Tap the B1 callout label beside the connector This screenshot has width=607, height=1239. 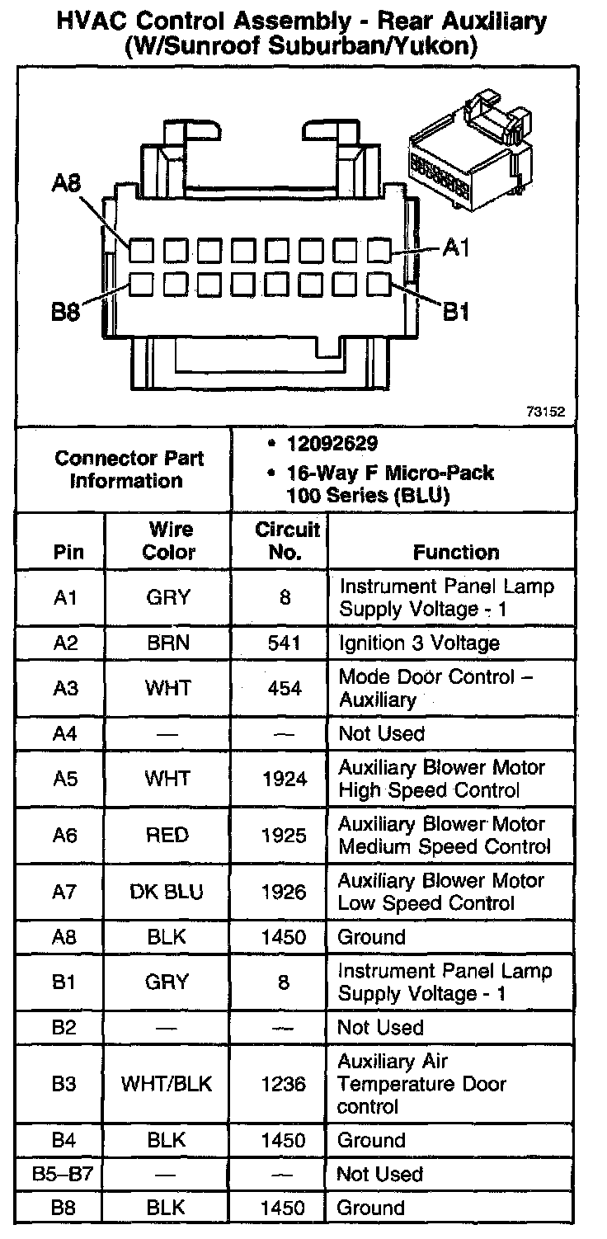(x=458, y=312)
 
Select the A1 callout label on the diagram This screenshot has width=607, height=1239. (x=456, y=247)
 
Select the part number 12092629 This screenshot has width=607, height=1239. (x=332, y=444)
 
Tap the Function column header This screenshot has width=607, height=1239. (x=456, y=552)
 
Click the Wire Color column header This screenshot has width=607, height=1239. (x=169, y=540)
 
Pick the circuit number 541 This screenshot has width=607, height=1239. (x=285, y=643)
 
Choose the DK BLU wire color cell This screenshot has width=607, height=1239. (x=167, y=892)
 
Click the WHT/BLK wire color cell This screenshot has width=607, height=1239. (x=167, y=1084)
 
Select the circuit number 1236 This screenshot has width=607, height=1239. (x=284, y=1084)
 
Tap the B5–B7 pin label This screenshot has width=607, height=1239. (x=64, y=1174)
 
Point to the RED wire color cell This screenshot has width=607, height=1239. (x=167, y=836)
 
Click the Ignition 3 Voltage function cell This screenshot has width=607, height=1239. (x=419, y=643)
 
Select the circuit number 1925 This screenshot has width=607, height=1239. (x=284, y=836)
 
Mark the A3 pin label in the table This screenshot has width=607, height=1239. (x=64, y=688)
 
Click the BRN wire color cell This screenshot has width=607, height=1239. (x=167, y=643)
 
